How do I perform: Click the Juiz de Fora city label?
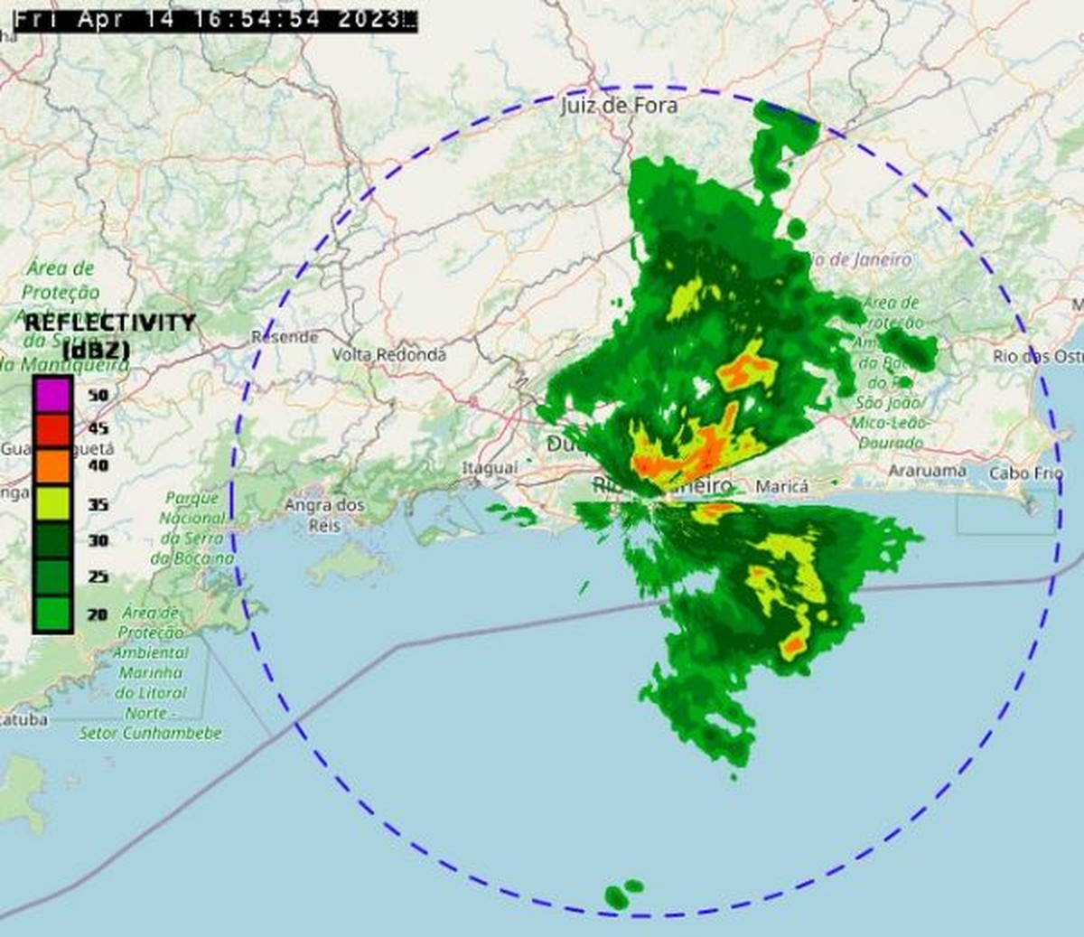pos(619,106)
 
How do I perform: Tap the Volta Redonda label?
pos(389,355)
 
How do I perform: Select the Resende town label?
pos(285,337)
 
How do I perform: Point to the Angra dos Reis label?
pos(324,514)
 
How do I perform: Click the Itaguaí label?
pos(490,468)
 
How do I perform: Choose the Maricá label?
pos(781,487)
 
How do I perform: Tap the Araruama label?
pos(927,471)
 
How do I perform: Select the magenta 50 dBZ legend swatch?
pos(52,394)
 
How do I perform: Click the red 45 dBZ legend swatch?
pos(52,428)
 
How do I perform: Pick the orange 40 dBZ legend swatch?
pos(52,465)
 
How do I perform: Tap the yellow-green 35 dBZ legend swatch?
pos(52,503)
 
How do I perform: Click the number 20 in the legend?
pos(98,614)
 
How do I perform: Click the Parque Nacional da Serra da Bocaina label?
pos(192,528)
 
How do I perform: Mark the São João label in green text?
pos(889,403)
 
